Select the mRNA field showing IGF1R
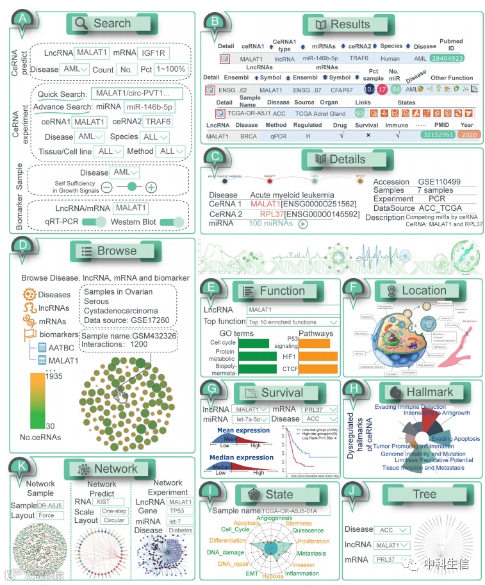(154, 53)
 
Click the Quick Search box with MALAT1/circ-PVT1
(136, 94)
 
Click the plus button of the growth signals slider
(151, 187)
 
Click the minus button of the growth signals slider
(106, 187)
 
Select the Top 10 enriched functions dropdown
(293, 322)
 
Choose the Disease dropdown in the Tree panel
(395, 530)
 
